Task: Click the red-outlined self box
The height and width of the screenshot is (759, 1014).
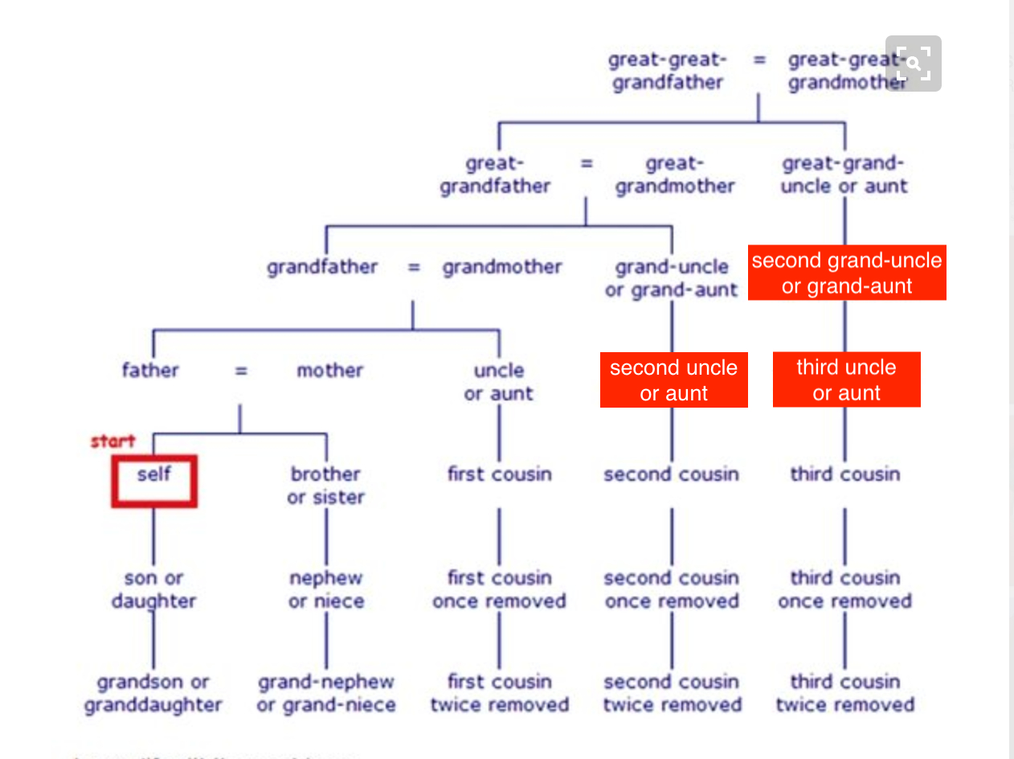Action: tap(153, 481)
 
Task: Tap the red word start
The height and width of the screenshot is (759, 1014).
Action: tap(112, 441)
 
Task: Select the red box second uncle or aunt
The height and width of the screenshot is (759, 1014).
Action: tap(673, 379)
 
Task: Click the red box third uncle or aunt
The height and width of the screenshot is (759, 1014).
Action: tap(846, 379)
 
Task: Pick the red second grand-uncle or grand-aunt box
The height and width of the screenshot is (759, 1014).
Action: tap(847, 273)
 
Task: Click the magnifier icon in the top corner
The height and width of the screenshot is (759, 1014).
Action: tap(914, 64)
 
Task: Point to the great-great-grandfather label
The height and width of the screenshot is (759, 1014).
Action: tap(668, 71)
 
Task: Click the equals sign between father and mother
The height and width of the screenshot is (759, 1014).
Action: tap(241, 371)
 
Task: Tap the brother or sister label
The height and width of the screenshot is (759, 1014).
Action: tap(325, 486)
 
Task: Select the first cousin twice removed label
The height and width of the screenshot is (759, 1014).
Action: tap(499, 693)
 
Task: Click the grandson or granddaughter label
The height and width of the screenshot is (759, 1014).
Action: tap(153, 693)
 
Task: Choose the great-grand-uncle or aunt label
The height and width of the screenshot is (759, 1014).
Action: tap(844, 174)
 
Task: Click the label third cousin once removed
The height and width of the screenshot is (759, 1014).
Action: tap(844, 589)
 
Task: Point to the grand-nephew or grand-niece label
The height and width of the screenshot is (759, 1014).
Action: tap(325, 693)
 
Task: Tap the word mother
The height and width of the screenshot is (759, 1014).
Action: tap(329, 371)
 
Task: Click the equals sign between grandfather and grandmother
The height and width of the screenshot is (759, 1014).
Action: tap(413, 267)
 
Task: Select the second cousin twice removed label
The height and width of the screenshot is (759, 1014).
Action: tap(672, 693)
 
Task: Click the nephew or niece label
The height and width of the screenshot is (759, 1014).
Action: tap(325, 589)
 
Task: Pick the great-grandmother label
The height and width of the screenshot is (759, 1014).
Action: tap(675, 174)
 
